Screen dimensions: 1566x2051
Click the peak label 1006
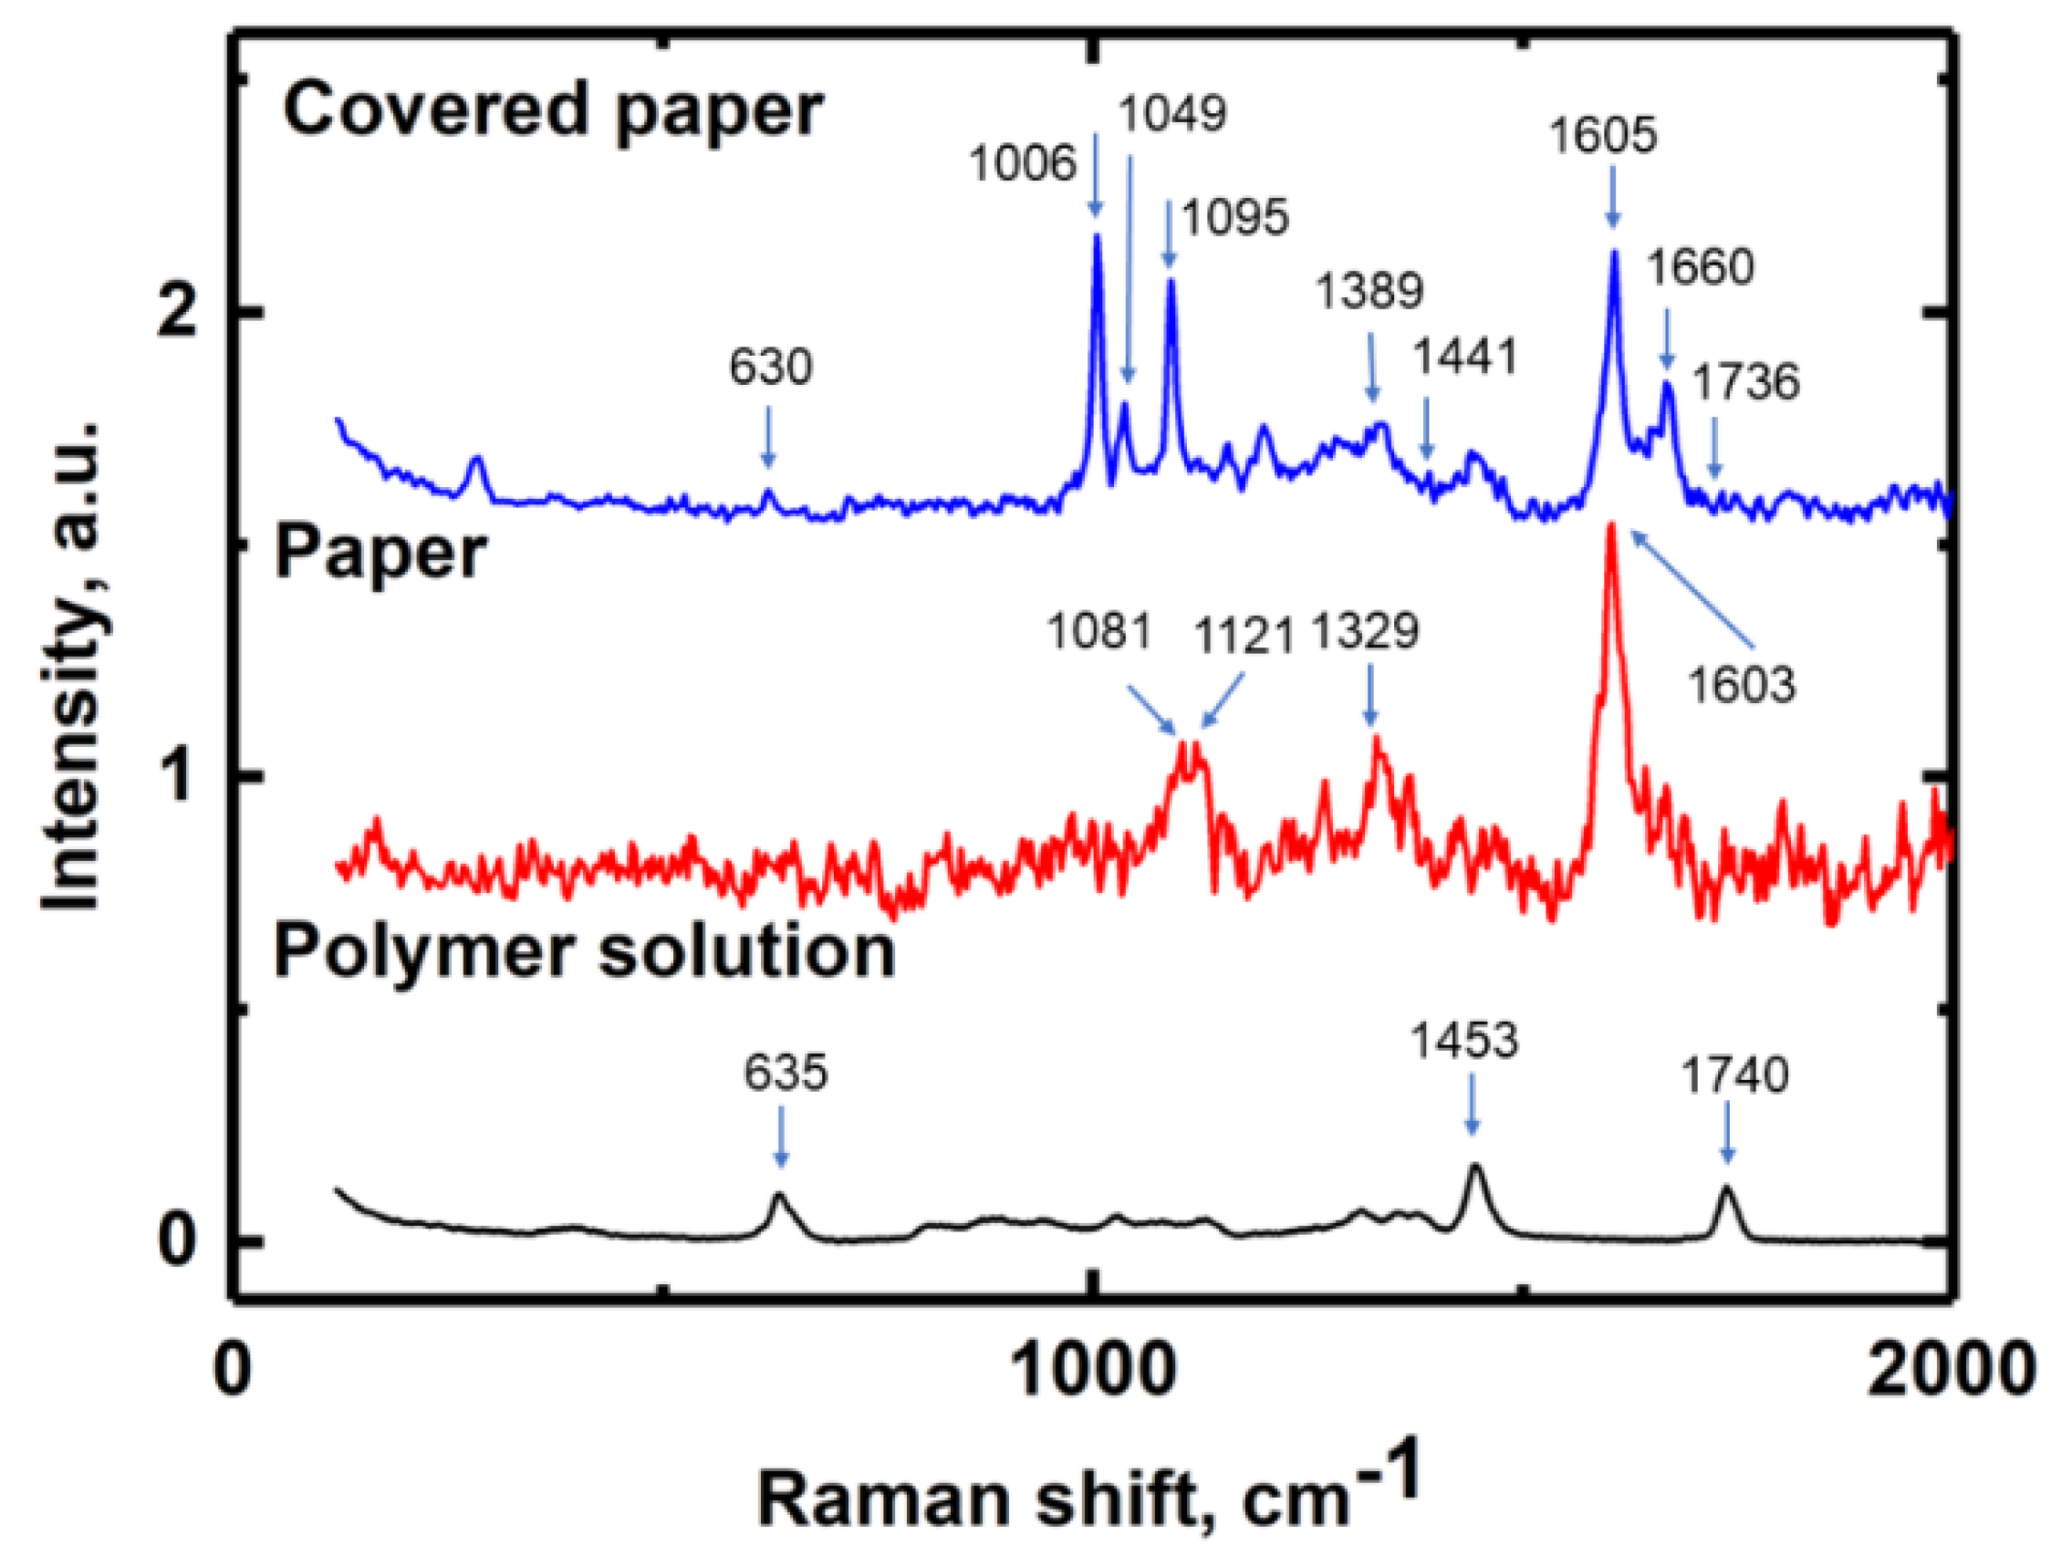(1023, 165)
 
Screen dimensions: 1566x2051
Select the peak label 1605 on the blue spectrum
(1604, 136)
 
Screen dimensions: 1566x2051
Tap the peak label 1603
(1741, 686)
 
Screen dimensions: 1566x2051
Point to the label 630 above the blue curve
(770, 368)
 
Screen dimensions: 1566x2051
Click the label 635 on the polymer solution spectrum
(785, 1073)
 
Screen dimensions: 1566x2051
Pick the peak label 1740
(1735, 1076)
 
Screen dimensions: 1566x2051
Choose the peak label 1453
(1464, 1041)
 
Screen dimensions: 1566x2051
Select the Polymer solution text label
(585, 953)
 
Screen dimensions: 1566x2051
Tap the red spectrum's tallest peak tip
(1610, 526)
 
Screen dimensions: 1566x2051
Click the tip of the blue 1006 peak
(1097, 236)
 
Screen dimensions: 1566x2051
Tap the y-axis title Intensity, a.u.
(73, 667)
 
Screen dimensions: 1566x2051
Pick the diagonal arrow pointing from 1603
(1692, 587)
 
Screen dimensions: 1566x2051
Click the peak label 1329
(1366, 632)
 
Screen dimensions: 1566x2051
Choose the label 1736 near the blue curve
(1745, 382)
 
